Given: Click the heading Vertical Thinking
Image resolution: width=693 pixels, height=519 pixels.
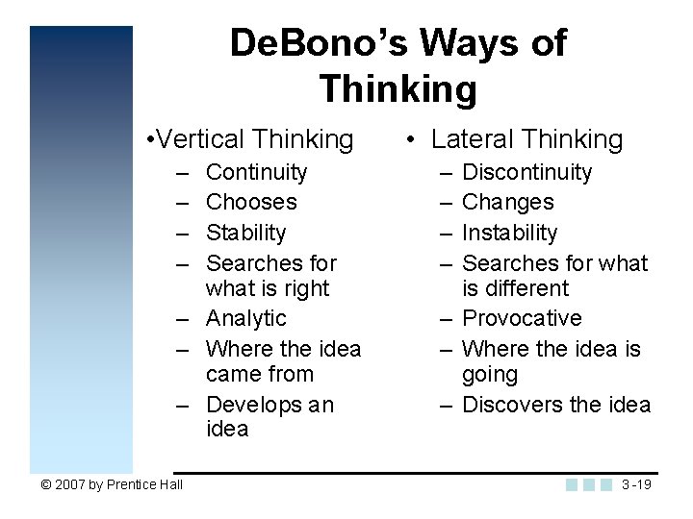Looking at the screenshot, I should pos(251,139).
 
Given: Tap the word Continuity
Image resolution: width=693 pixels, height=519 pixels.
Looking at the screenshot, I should pos(257,172).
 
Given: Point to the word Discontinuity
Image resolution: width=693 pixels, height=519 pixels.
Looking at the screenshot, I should pos(527,172).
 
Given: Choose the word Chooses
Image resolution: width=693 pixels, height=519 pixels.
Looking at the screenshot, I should pos(251,202).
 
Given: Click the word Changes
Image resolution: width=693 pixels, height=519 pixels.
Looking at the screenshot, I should pos(508,202).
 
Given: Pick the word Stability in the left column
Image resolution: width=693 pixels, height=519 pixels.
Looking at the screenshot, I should pos(246,233).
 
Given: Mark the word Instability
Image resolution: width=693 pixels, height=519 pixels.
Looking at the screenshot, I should pos(510,233).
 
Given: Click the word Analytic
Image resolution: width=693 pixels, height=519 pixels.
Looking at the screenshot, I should pos(246,318).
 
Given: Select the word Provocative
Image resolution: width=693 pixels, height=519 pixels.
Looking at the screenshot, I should pos(522,318).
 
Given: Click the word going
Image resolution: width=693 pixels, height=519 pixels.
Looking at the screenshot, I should pos(490,375).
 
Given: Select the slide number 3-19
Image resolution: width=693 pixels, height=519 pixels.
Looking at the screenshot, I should pos(636,484).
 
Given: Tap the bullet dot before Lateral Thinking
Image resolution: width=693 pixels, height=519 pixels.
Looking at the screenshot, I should pos(411,140).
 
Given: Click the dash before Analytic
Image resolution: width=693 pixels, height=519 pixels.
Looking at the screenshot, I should pos(181,319).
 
